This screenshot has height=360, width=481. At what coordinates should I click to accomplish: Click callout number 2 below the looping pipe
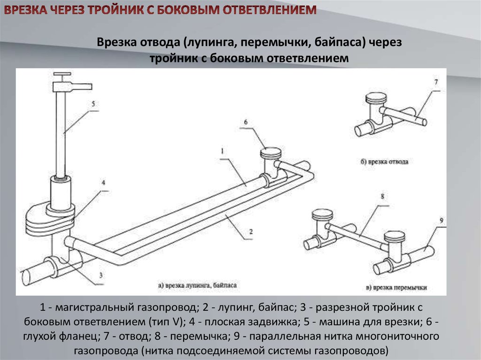point(251,231)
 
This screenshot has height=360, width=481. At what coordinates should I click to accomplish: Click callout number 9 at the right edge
point(442,220)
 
